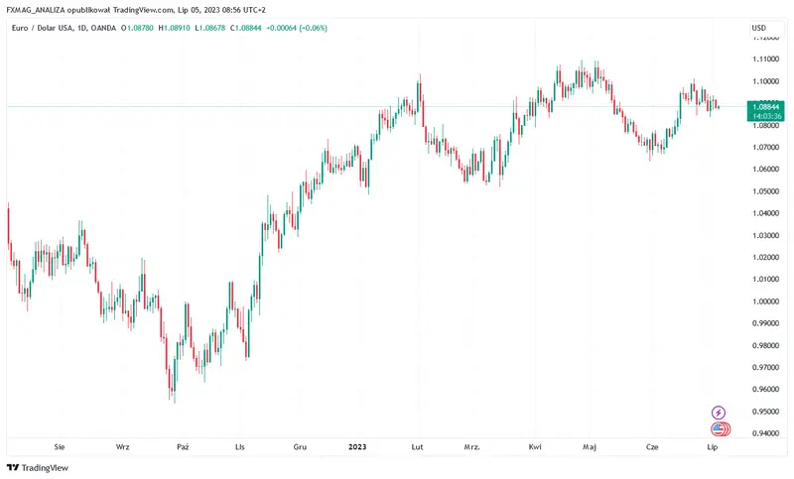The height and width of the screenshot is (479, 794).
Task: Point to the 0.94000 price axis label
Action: click(x=764, y=433)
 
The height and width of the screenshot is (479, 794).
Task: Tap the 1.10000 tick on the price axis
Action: click(x=764, y=81)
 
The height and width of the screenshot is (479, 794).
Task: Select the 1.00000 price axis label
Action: click(x=764, y=301)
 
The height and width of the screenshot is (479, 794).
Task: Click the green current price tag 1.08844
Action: click(x=764, y=106)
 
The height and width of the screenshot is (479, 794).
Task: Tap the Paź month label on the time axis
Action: click(x=182, y=447)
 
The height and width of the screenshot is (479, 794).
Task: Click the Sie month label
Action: click(x=60, y=447)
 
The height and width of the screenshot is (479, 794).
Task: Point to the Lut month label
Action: click(x=418, y=447)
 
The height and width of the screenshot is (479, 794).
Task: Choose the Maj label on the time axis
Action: click(x=590, y=447)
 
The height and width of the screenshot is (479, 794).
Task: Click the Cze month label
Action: click(x=651, y=447)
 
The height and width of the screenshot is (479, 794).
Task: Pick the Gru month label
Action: click(x=300, y=447)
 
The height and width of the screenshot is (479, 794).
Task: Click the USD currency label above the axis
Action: click(x=759, y=28)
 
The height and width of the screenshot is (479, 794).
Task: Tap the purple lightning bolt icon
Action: click(x=719, y=413)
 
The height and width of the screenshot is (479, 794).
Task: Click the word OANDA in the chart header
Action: click(x=104, y=28)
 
